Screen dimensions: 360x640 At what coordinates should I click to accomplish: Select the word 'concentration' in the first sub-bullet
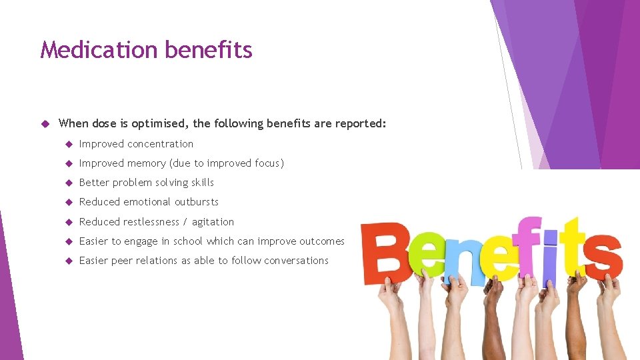pyautogui.click(x=160, y=144)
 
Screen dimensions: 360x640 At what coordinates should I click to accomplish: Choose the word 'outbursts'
pyautogui.click(x=197, y=202)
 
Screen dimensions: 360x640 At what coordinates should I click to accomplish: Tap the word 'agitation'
pyautogui.click(x=213, y=222)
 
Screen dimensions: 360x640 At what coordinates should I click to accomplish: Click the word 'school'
pyautogui.click(x=188, y=241)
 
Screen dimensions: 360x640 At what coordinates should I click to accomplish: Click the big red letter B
pyautogui.click(x=385, y=251)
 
